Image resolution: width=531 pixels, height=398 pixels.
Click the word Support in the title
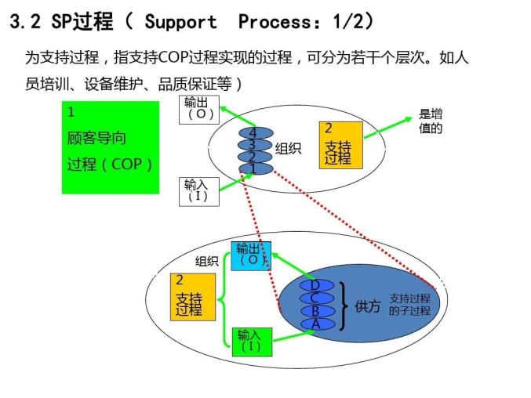(180, 21)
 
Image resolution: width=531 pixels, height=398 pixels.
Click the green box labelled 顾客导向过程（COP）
(109, 147)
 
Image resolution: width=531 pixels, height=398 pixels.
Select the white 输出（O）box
(199, 108)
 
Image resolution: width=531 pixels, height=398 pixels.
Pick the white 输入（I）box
(196, 190)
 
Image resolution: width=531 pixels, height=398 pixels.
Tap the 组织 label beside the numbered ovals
(288, 149)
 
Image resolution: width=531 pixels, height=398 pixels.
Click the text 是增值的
(430, 121)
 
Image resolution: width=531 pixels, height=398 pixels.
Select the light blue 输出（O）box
(252, 255)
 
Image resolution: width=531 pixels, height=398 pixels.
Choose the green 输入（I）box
(251, 340)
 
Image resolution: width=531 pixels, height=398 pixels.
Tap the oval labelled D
(316, 286)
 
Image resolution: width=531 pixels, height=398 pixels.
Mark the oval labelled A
(316, 323)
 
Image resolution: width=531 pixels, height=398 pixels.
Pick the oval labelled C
(316, 298)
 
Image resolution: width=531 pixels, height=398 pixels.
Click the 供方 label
(367, 306)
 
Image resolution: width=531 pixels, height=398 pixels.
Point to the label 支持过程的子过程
(409, 305)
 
